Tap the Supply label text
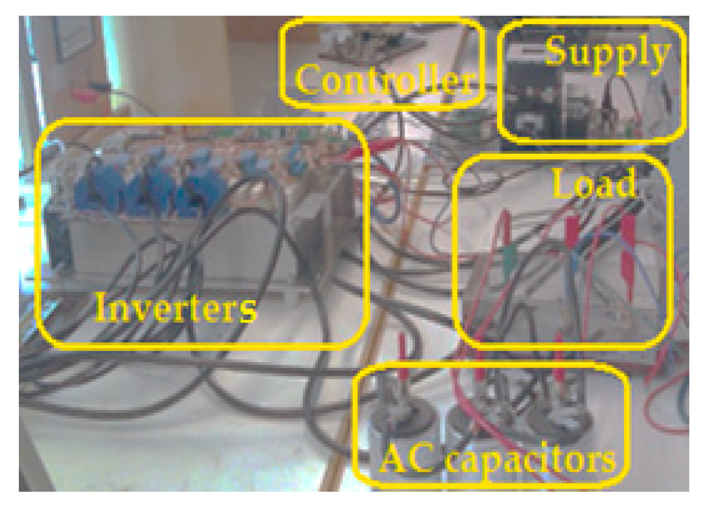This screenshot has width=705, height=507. [607, 53]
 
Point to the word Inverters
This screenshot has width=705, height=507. [176, 308]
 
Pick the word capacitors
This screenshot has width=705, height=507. [531, 460]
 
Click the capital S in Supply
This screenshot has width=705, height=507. [557, 50]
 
